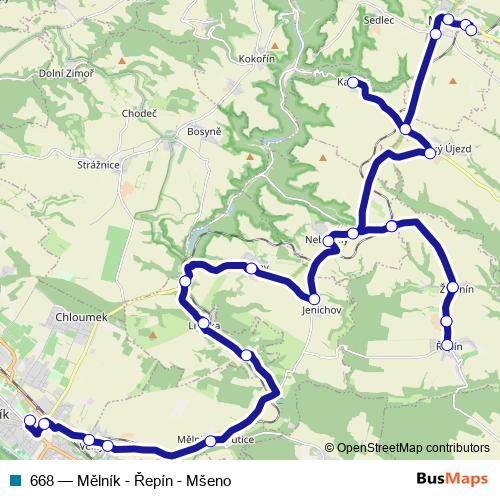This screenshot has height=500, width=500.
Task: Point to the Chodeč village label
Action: coord(138,114)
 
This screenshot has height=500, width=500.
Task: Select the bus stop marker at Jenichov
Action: coord(313,298)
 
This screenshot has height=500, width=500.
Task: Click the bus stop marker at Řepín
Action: coord(447,346)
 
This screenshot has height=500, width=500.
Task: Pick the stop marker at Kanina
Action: coord(352,82)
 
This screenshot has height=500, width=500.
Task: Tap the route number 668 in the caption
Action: coord(42,478)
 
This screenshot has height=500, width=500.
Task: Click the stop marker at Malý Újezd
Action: coord(431,153)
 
